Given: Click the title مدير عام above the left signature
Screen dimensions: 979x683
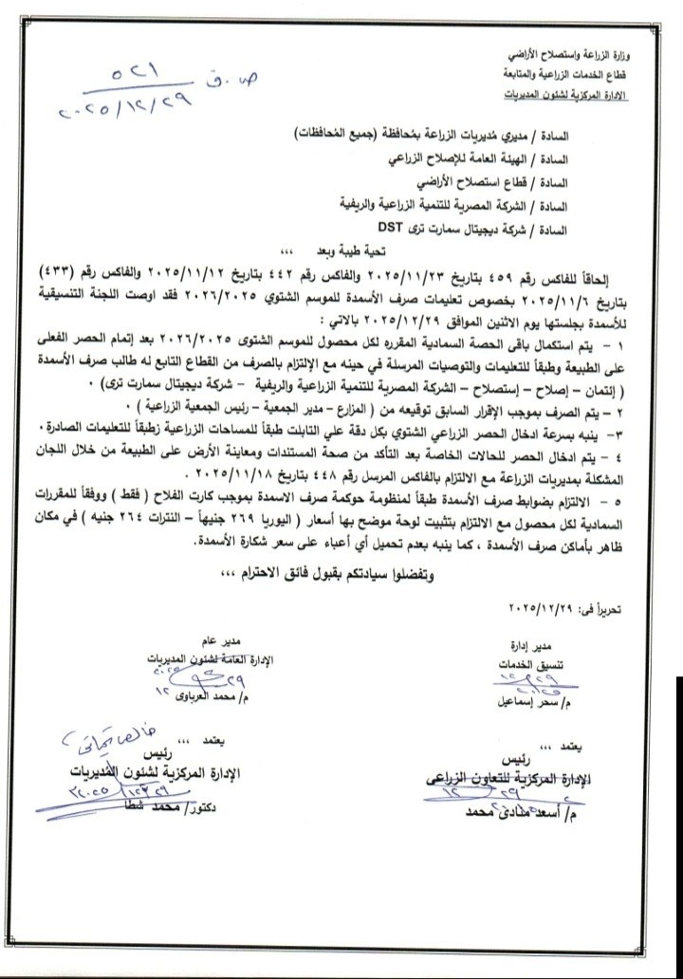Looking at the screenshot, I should (x=234, y=640).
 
